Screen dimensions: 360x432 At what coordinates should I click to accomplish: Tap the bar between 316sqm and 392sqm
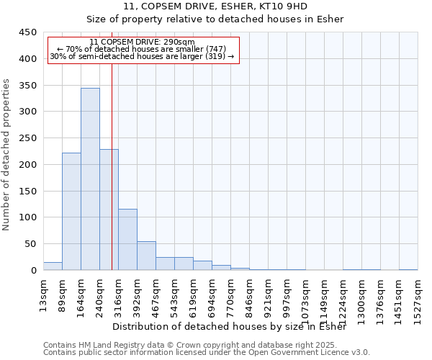(127, 239)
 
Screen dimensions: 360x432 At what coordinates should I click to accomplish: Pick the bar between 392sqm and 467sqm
(146, 256)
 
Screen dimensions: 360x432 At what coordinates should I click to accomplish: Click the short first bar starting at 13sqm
(53, 266)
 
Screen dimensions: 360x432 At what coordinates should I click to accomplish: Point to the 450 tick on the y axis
(27, 32)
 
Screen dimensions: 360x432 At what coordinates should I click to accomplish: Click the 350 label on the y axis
(27, 85)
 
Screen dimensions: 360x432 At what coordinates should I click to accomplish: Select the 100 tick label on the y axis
(27, 217)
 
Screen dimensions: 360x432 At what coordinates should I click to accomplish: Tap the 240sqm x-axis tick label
(100, 293)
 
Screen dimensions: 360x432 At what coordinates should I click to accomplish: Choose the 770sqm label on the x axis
(231, 293)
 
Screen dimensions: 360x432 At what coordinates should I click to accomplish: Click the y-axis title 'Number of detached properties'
(6, 155)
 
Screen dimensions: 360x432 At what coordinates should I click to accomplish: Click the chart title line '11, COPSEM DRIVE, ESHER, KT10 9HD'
(215, 6)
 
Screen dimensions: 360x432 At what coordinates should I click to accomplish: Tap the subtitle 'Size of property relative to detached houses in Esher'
(215, 19)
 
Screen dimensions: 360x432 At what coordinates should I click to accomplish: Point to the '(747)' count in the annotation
(217, 49)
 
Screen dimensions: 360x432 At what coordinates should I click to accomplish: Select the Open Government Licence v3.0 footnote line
(206, 352)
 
